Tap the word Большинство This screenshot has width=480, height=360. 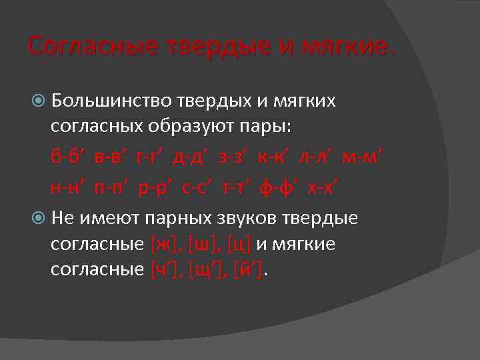111,101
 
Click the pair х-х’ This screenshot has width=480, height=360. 323,187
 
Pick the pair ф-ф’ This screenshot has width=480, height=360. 279,187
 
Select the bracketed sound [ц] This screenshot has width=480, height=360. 238,245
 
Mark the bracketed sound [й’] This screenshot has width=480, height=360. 247,270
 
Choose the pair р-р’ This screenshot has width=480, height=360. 154,187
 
